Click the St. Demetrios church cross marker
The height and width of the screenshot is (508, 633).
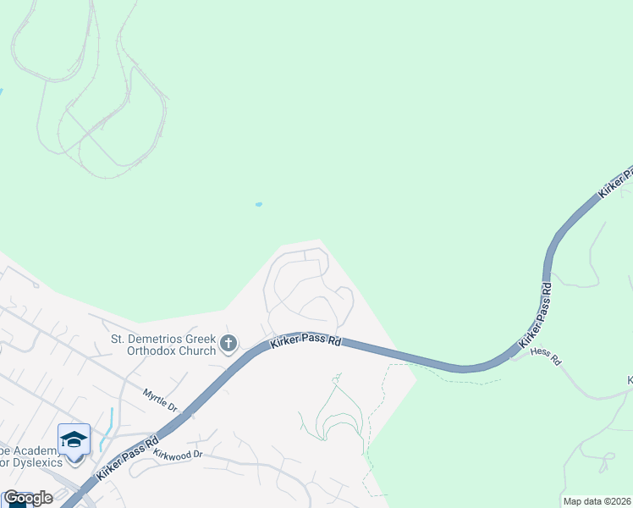pos(228,344)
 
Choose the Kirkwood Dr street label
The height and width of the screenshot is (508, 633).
pos(179,454)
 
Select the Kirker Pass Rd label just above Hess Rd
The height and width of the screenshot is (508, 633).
pos(536,317)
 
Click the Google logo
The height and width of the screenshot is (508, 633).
pos(27,498)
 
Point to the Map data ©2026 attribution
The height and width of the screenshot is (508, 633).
pos(596,501)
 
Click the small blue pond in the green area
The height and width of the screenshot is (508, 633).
pos(258,204)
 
